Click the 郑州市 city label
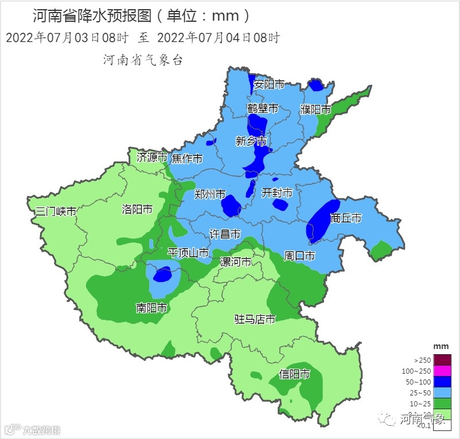click(209, 194)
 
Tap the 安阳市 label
click(269, 84)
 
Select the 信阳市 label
click(294, 374)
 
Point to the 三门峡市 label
click(56, 211)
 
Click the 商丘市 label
click(346, 218)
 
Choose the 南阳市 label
click(151, 308)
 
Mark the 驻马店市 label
click(255, 319)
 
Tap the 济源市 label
click(151, 156)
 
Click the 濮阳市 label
click(315, 109)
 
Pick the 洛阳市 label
click(137, 209)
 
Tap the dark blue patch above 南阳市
click(163, 275)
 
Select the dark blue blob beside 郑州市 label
click(231, 206)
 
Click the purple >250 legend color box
click(442, 360)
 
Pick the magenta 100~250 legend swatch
click(442, 371)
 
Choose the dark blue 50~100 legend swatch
click(442, 382)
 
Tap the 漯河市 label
click(236, 262)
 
